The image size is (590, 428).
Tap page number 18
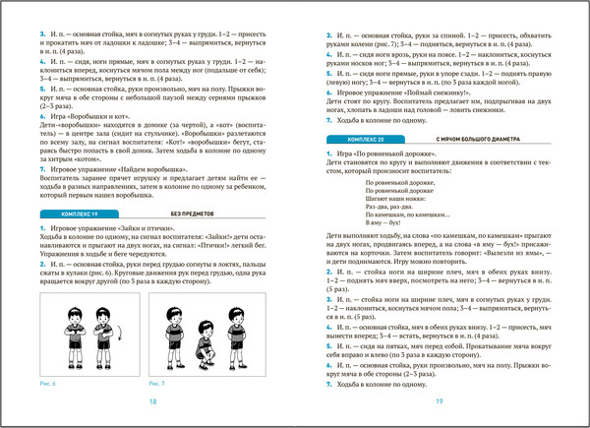tap(151, 402)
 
